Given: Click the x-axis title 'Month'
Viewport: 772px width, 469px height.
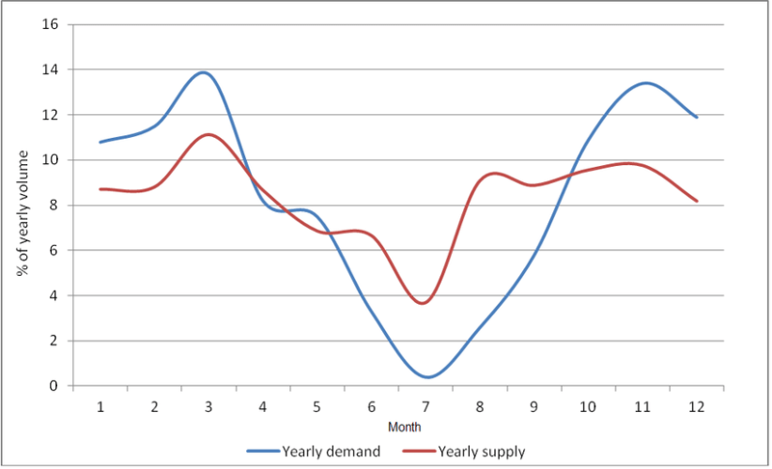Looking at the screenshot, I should pos(398,427).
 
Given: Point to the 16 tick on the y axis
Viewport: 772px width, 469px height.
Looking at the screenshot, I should pos(51,24).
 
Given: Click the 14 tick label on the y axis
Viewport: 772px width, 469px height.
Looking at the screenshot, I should pos(51,69).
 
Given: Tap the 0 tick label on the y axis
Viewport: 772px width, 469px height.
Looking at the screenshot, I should pos(54,386).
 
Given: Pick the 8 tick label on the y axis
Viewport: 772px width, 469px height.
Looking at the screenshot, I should pos(54,205).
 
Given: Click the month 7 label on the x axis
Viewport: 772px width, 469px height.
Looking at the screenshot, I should pos(426,407).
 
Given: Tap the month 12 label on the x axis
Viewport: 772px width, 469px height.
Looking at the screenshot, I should pos(697,407).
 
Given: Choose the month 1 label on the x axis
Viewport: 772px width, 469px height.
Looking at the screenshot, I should pos(100,407).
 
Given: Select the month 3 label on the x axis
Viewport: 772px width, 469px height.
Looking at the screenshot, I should pos(208,407).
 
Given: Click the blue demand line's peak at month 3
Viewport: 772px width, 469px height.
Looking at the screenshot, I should pos(204,72).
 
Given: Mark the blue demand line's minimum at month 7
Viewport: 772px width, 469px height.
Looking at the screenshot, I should pos(428,377).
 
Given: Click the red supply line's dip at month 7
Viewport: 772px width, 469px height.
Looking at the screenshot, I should pos(425,302).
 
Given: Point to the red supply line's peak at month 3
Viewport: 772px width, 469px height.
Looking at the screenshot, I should pos(208,134).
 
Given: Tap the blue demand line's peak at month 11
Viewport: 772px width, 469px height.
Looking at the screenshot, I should pos(644,83).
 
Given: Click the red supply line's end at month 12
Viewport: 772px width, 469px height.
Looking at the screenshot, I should pos(697,201).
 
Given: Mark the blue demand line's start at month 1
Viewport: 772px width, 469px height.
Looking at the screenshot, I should pos(100,142).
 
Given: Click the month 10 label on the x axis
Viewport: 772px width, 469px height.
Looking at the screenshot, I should pos(588,407).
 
